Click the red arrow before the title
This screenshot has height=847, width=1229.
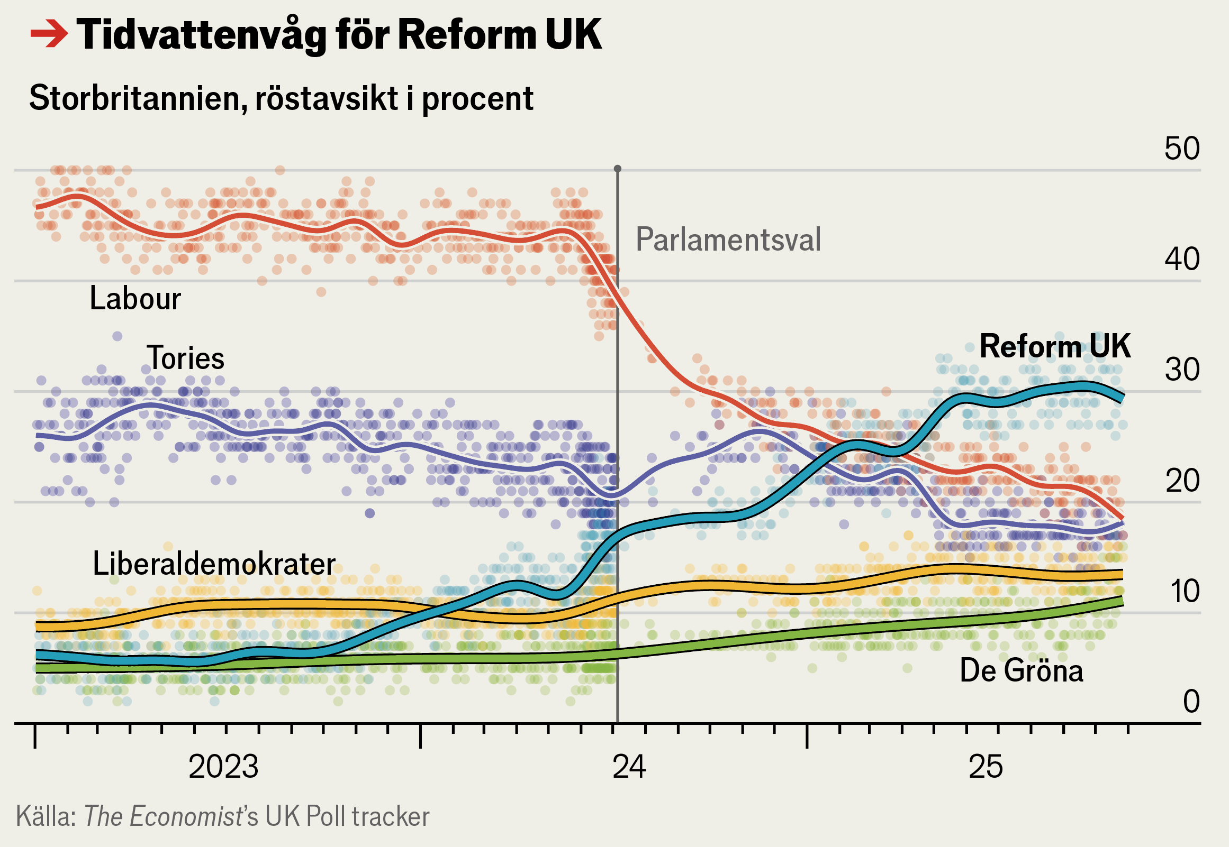(49, 34)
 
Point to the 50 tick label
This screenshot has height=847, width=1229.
(1182, 149)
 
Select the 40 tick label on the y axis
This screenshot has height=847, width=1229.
(1182, 260)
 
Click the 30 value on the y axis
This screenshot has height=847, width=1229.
(1182, 370)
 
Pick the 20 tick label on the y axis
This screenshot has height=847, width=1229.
(1182, 481)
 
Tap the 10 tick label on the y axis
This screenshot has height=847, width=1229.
(1183, 592)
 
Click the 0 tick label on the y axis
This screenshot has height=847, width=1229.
(1191, 702)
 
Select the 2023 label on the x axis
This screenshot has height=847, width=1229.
(223, 767)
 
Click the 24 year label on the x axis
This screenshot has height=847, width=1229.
(629, 767)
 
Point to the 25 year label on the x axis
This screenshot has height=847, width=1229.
(986, 767)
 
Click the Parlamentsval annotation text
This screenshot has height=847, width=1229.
(728, 240)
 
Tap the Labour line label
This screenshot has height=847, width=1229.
(135, 298)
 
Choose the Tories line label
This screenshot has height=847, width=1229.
(185, 358)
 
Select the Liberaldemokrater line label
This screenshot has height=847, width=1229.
(214, 564)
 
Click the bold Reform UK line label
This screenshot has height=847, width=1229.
(1055, 346)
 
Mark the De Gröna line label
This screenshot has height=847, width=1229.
(1021, 671)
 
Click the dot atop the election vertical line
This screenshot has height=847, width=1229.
(618, 169)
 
